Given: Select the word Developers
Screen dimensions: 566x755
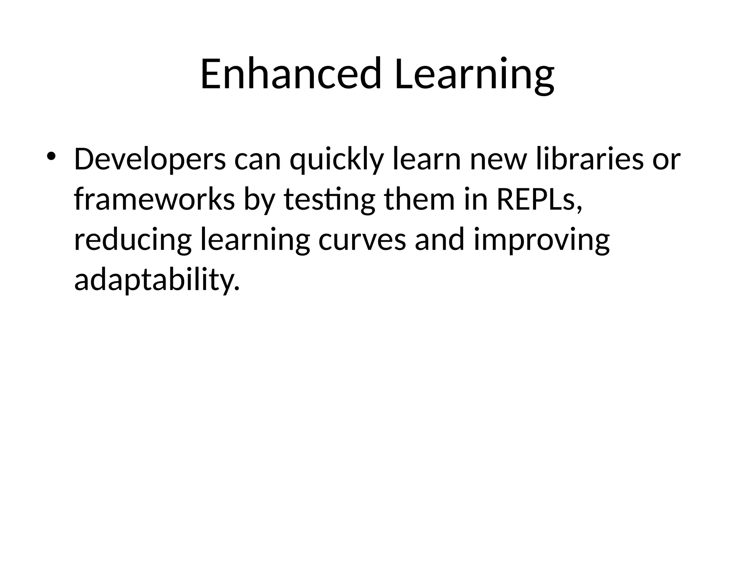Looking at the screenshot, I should pos(150,159).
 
